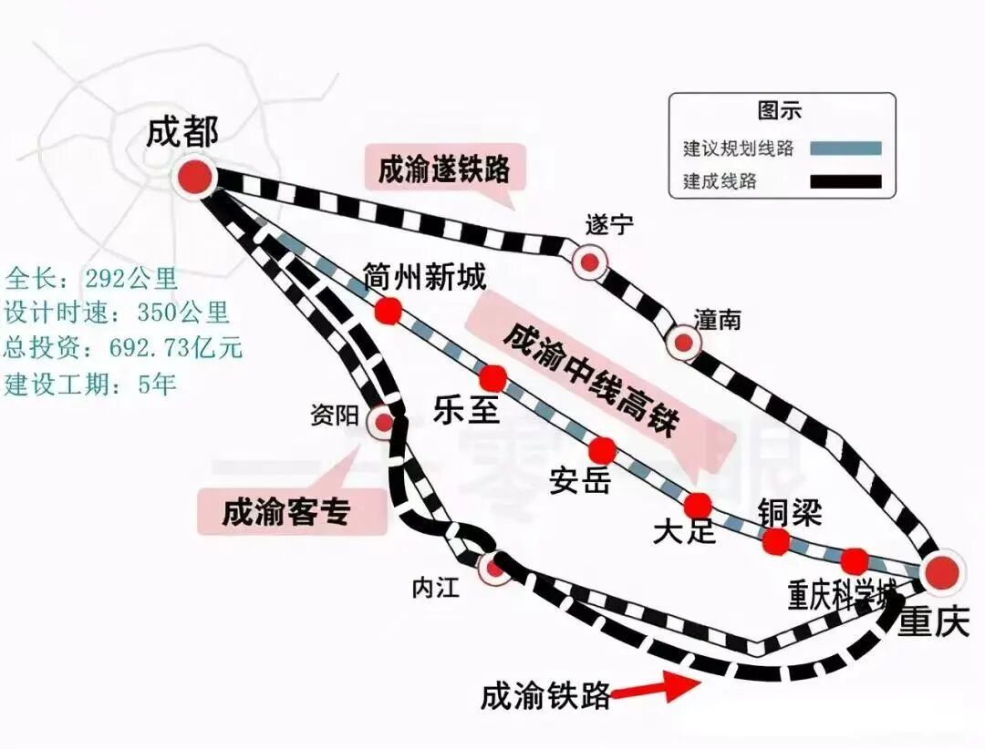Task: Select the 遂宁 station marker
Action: [x=589, y=262]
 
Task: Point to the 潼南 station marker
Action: [x=682, y=343]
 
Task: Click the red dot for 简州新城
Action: [x=389, y=311]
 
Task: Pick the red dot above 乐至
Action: [x=493, y=377]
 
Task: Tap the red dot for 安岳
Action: [x=602, y=449]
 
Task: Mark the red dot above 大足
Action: [x=698, y=505]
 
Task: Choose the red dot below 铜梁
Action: [x=776, y=541]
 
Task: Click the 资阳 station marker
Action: [x=382, y=422]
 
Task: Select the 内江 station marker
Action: [x=495, y=569]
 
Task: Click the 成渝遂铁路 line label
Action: [x=444, y=169]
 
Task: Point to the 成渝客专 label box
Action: [x=285, y=512]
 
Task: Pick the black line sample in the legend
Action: [x=845, y=181]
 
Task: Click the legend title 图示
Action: [x=780, y=111]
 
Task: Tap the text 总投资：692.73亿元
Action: [x=124, y=348]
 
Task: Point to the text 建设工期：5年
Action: [x=91, y=384]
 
